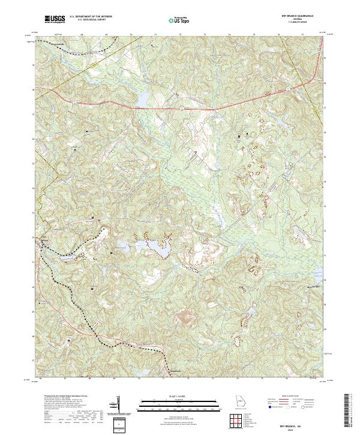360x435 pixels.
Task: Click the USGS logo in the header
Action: tap(55, 19)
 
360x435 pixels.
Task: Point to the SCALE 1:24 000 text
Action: tap(179, 397)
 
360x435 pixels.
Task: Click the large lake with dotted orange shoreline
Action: tap(155, 247)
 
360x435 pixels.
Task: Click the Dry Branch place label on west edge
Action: tap(44, 241)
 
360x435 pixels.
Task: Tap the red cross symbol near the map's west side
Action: tap(98, 219)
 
